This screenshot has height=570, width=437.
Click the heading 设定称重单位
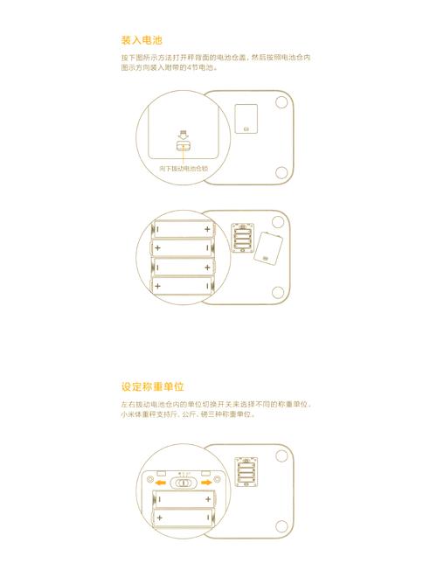[158, 386]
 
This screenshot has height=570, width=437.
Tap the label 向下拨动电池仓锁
[184, 167]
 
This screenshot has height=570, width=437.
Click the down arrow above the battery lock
[183, 134]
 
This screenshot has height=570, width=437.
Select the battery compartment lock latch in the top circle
[183, 149]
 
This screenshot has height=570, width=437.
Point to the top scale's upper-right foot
[281, 101]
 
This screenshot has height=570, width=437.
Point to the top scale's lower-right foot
[281, 170]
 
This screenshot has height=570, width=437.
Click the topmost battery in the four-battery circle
[183, 229]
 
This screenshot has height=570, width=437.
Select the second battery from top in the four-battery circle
[183, 247]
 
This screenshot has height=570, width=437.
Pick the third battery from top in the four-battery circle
[183, 267]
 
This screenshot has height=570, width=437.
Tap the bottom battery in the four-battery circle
[183, 286]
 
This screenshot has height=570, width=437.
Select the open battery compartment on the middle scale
[243, 238]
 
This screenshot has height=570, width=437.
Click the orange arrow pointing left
[159, 481]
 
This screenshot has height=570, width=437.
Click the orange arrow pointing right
[206, 481]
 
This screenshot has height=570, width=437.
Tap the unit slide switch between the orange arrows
[183, 481]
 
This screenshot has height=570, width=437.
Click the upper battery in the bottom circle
[184, 498]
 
